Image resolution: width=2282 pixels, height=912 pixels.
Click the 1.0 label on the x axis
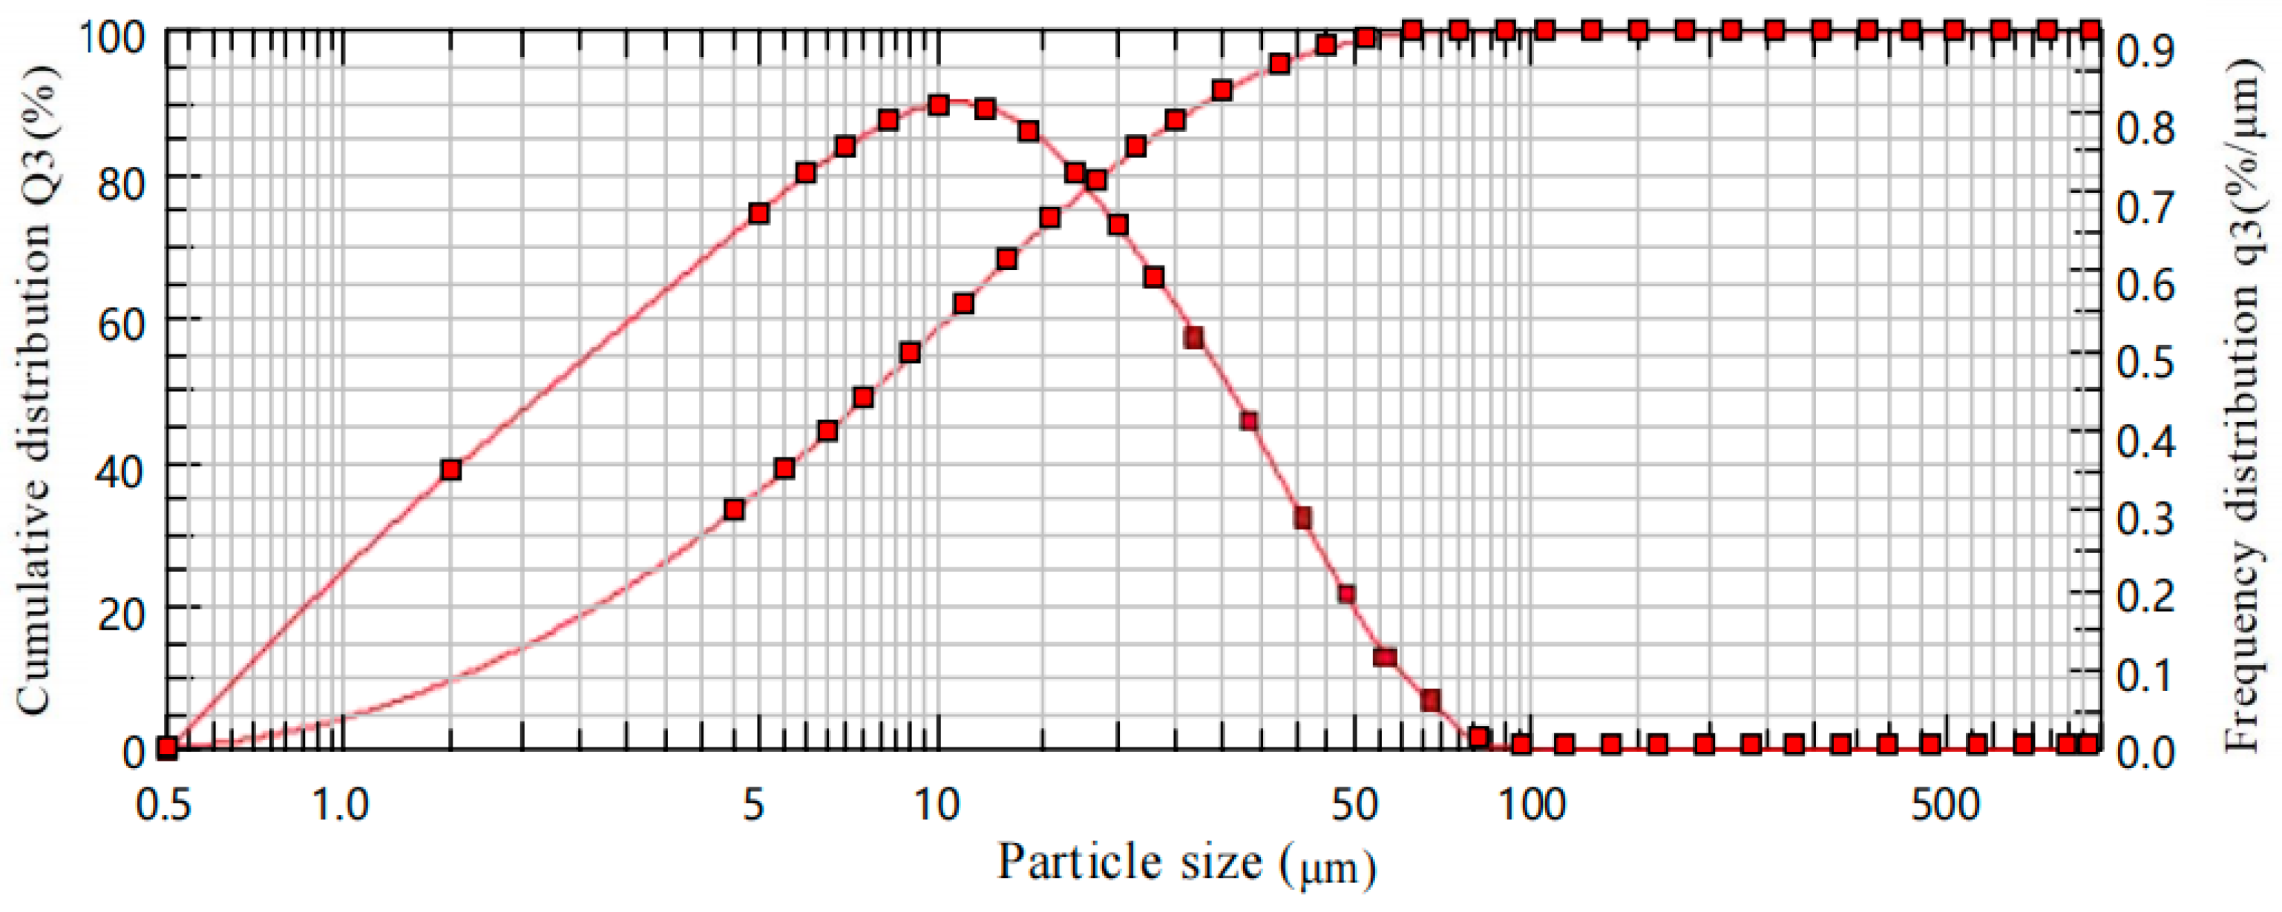click(342, 805)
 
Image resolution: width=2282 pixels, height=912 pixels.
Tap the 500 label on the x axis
click(1944, 805)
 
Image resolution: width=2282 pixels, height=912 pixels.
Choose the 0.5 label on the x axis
click(164, 805)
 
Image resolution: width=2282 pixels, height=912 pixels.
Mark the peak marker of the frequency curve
click(939, 105)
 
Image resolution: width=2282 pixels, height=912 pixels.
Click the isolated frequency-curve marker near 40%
click(451, 469)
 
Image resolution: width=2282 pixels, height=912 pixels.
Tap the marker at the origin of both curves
click(166, 748)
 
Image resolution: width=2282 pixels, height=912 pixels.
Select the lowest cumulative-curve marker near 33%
click(733, 510)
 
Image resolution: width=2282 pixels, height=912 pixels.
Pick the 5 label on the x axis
click(753, 805)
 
